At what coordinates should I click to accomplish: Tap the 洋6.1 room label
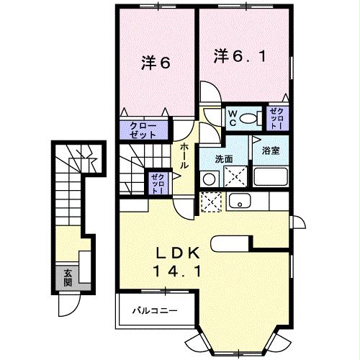pyautogui.click(x=242, y=56)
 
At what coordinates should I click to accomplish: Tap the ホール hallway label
pyautogui.click(x=184, y=154)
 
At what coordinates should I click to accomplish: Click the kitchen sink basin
pyautogui.click(x=240, y=202)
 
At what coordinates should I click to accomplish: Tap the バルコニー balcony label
pyautogui.click(x=153, y=311)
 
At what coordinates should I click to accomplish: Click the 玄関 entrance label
pyautogui.click(x=67, y=277)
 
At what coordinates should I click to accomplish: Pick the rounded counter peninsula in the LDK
pyautogui.click(x=230, y=243)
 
